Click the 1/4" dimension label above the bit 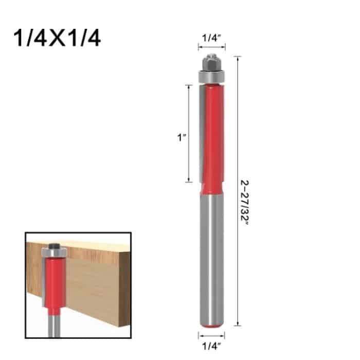click(211, 38)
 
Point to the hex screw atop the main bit click(211, 62)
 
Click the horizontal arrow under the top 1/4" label click(211, 48)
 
